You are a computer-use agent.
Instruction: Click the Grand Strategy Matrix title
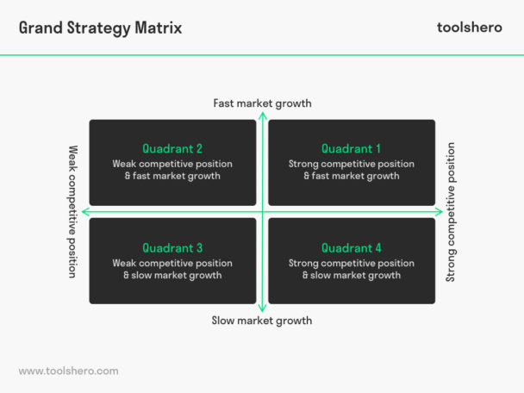(x=100, y=28)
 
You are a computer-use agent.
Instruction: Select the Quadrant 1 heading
(x=352, y=149)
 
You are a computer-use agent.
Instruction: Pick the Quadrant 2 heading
(x=172, y=149)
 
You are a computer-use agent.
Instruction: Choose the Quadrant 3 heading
(x=172, y=248)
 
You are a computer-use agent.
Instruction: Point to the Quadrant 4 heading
(x=352, y=248)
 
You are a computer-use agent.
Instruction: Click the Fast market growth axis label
(x=262, y=104)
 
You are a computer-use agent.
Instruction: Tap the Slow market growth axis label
(x=262, y=321)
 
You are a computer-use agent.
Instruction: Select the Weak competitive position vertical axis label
(x=73, y=211)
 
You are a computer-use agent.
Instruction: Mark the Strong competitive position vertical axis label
(x=451, y=212)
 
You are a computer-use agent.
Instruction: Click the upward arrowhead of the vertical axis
(x=262, y=115)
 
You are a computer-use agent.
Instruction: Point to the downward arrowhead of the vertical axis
(x=262, y=309)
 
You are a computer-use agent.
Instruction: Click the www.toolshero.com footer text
(x=68, y=371)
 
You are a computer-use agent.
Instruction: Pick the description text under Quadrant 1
(x=352, y=170)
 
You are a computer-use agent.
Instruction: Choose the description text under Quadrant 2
(x=172, y=170)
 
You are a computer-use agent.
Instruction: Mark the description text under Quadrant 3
(x=172, y=269)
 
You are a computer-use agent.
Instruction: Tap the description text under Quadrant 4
(x=352, y=269)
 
